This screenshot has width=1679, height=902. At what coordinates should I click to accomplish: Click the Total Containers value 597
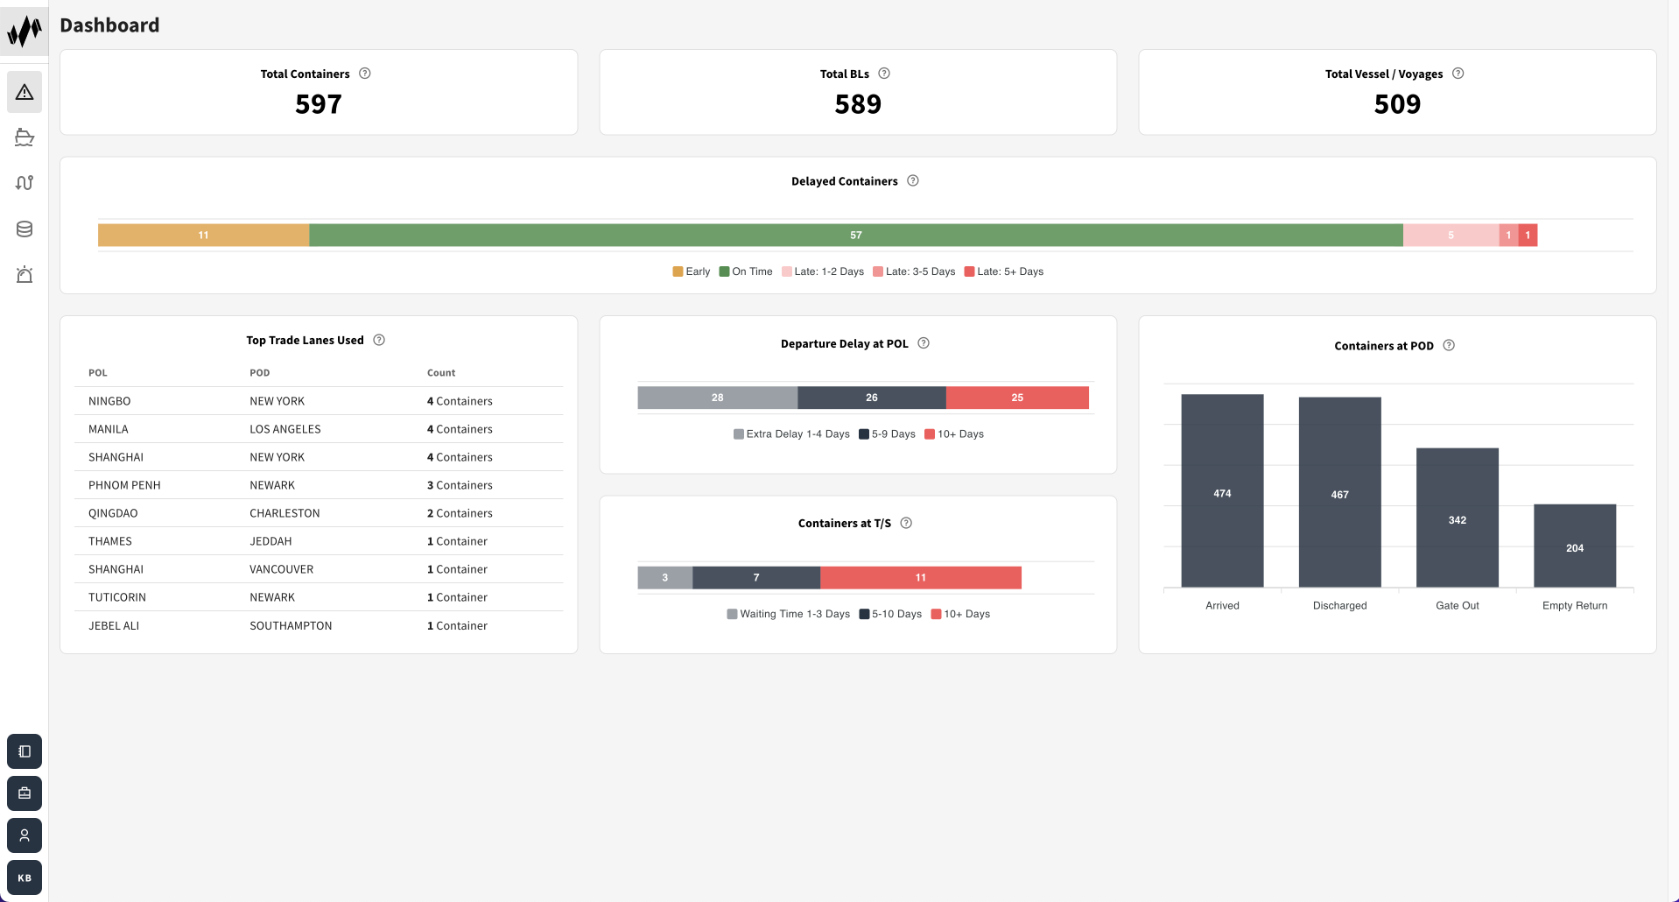pos(318,104)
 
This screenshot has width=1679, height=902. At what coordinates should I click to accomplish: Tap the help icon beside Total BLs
pos(884,74)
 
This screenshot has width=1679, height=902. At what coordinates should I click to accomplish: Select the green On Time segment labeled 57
pos(855,235)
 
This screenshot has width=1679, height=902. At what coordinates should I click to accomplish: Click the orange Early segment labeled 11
pos(203,235)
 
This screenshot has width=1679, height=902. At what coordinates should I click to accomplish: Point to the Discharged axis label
pos(1339,605)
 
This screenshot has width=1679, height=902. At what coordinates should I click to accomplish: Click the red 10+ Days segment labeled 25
pos(1016,398)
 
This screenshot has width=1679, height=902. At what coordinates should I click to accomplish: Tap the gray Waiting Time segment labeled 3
pos(664,578)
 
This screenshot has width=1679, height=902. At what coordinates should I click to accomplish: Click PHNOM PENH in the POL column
pos(124,485)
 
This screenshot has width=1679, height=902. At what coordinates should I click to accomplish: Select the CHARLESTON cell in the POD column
pos(285,513)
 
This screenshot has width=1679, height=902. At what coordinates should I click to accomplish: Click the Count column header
pos(441,373)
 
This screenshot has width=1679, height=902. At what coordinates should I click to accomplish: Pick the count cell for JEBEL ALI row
pos(457,625)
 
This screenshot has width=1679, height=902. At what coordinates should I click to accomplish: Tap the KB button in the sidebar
pos(25,877)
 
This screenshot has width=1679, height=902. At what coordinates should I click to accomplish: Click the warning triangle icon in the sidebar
pos(25,92)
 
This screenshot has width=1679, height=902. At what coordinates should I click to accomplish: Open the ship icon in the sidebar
pos(25,137)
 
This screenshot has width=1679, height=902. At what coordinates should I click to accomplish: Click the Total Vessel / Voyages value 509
pos(1397,104)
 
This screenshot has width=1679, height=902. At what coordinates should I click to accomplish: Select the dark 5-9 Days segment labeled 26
pos(871,398)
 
